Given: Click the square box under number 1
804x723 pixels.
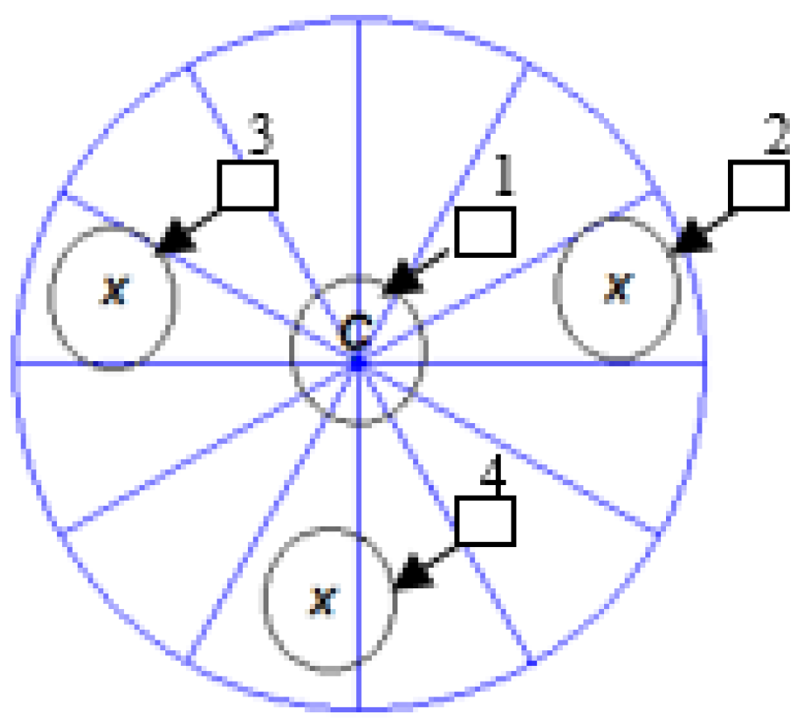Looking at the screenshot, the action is (x=485, y=231).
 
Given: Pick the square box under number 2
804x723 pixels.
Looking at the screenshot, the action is (x=758, y=185).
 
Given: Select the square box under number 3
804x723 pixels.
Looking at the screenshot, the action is (x=247, y=184).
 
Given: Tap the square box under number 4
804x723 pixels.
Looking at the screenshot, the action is (x=485, y=521).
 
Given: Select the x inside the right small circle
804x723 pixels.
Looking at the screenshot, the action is (x=616, y=286).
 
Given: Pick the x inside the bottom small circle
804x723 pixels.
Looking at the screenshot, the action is (x=323, y=600).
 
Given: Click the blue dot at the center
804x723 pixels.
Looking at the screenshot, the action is (x=358, y=363).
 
